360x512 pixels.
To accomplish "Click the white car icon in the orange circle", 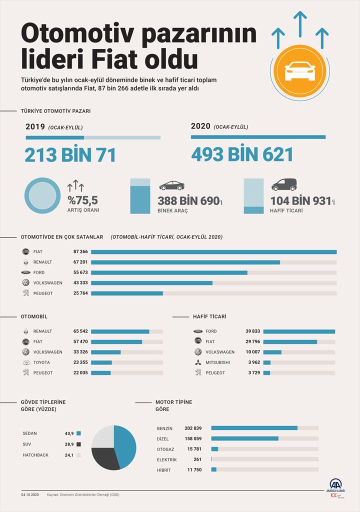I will [299, 71].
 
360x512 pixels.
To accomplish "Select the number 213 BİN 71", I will [70, 154].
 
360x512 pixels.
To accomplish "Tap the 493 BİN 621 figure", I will [242, 154].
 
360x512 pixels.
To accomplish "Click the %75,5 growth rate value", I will [83, 200].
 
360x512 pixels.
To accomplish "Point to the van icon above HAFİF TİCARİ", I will [284, 184].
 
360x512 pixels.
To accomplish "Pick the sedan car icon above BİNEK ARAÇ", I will [171, 185].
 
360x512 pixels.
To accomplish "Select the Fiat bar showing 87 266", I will [213, 252].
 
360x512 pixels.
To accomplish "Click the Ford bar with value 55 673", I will [169, 272].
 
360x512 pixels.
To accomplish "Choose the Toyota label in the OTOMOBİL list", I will [41, 362].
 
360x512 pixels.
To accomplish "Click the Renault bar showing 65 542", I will [120, 331].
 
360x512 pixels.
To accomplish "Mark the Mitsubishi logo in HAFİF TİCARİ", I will [197, 362].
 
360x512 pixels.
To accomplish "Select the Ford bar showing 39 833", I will [299, 331].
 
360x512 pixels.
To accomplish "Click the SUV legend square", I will [78, 444].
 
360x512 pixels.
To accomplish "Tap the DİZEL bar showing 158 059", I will [244, 438].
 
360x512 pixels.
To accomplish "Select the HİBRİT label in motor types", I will [164, 469].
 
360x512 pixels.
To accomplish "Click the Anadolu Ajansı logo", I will [335, 488].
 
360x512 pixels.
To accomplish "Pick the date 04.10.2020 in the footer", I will [30, 495].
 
